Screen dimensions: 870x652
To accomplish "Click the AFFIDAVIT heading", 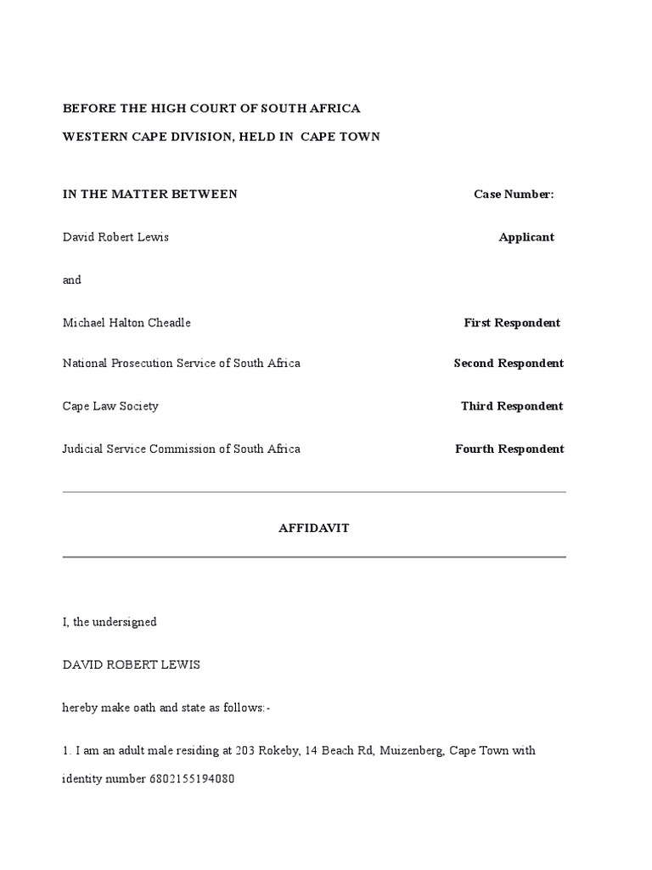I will point(314,528).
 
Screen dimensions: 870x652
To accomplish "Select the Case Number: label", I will point(514,195).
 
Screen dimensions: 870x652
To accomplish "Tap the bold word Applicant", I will point(526,237).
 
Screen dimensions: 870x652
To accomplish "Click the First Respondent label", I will point(512,323).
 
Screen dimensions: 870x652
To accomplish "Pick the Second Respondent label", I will point(509,364).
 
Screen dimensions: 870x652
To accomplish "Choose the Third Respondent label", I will point(512,406).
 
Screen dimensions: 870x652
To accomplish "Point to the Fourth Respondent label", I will point(509,449).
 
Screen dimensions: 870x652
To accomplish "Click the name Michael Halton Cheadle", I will point(126,323).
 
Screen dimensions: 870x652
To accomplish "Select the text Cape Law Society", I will point(110,406).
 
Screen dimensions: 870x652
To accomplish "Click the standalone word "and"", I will point(72,280).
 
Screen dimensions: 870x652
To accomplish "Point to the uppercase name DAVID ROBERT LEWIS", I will point(132,664).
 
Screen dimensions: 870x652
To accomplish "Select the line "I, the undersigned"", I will point(110,622).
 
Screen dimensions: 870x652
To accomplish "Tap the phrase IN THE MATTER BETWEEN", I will point(150,195).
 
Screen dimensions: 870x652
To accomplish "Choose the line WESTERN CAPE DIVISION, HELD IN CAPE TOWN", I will point(222,137).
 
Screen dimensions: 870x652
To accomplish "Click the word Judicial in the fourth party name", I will point(84,449).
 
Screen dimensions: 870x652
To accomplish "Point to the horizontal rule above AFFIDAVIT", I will point(314,492).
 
